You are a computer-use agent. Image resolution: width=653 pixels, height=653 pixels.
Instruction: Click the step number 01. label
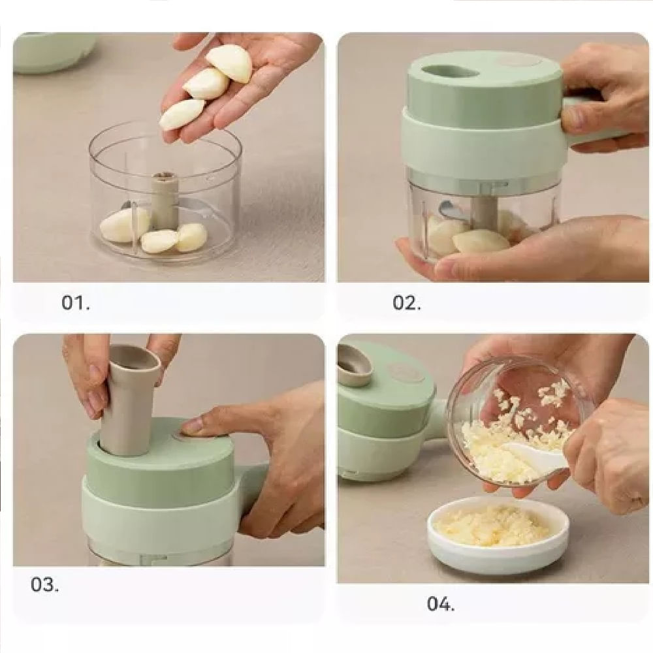75,302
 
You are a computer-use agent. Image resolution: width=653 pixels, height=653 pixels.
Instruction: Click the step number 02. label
406,302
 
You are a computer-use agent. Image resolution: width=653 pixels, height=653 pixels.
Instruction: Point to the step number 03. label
44,584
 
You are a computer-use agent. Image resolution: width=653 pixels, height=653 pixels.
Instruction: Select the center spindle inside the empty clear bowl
165,202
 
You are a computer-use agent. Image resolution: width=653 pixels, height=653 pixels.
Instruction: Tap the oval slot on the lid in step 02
449,72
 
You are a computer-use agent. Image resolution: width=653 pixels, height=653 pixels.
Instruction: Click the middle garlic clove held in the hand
206,84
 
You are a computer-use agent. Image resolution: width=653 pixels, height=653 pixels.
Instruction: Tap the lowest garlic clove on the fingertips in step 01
182,114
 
